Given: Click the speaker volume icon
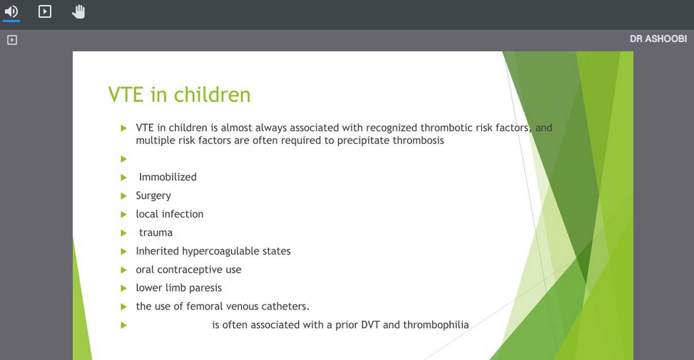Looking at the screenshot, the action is [x=11, y=11].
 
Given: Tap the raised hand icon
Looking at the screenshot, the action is [x=78, y=11].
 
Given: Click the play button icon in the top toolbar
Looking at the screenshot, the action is [x=45, y=11].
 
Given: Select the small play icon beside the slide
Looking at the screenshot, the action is [x=12, y=40].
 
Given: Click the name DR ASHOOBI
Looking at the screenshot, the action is [x=658, y=39].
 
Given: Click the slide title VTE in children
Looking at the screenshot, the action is [x=179, y=95].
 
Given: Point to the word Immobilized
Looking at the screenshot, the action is [x=168, y=177].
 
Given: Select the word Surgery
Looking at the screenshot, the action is [x=153, y=196].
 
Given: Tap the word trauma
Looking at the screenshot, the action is [x=155, y=232].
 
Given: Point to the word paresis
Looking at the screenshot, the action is [x=205, y=288].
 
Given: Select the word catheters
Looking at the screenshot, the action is [x=285, y=306].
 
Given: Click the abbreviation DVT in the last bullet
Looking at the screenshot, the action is [x=370, y=324].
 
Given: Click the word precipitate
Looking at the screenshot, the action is [x=363, y=140].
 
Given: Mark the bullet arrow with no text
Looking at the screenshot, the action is [x=124, y=159].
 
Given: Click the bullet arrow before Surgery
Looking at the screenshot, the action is [x=124, y=196].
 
